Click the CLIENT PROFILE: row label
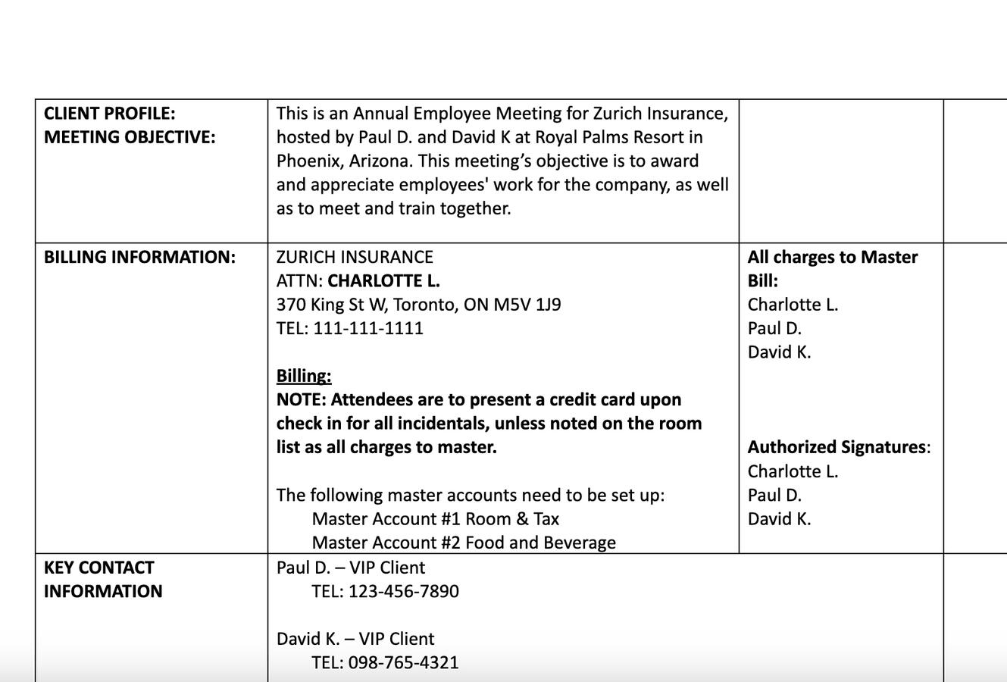109,114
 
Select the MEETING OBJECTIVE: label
129,137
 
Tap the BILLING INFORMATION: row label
139,257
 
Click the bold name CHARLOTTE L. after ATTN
383,281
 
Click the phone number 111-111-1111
368,328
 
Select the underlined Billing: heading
304,376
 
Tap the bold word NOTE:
302,399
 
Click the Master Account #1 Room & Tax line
435,519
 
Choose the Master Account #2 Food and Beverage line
464,543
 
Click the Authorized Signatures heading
837,447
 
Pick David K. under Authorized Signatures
779,519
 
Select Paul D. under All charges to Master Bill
774,328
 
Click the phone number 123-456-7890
403,591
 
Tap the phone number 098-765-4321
403,662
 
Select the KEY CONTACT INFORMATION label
102,579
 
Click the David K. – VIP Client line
355,639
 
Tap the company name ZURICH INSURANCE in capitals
355,257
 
